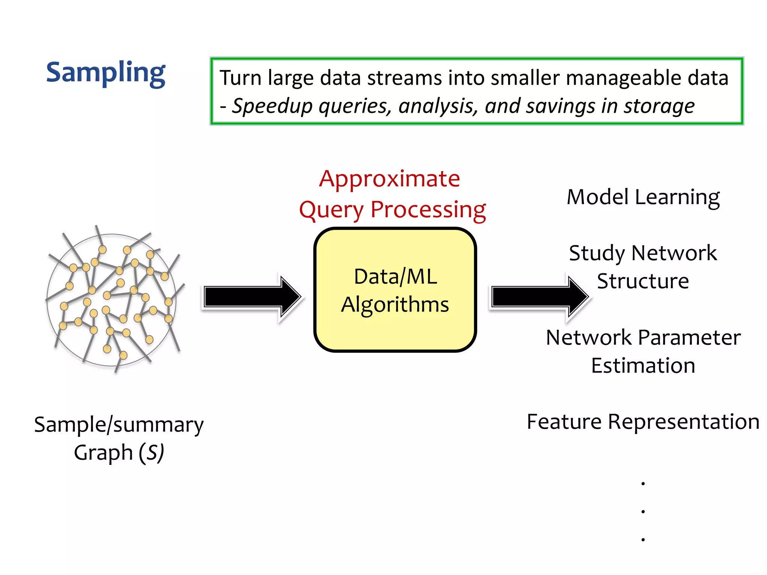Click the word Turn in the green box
[x=240, y=78]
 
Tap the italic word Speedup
[x=272, y=106]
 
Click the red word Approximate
[x=389, y=179]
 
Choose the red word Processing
[x=428, y=210]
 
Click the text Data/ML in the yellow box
[x=395, y=277]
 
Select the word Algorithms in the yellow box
[x=395, y=304]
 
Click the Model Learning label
[x=643, y=197]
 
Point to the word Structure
[x=643, y=281]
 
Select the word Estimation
[x=643, y=366]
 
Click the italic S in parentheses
[x=151, y=453]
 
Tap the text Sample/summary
[x=119, y=425]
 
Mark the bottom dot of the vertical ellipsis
[x=643, y=539]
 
